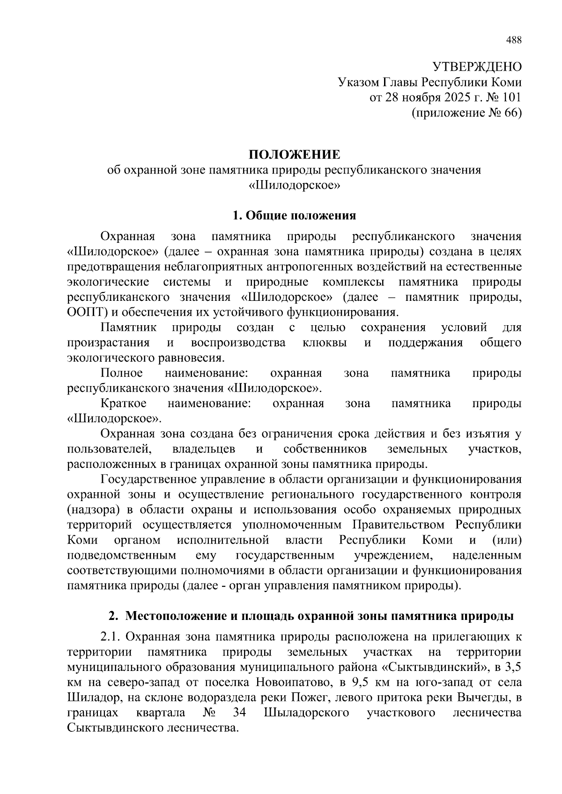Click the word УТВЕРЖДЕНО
click(x=476, y=67)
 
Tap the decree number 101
click(x=512, y=97)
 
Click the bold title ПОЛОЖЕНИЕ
click(x=294, y=154)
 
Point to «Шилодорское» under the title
click(x=294, y=185)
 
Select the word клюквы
click(x=325, y=342)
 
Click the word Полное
click(x=121, y=373)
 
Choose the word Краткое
click(x=123, y=403)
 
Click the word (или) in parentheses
click(x=507, y=540)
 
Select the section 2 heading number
click(x=112, y=616)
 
